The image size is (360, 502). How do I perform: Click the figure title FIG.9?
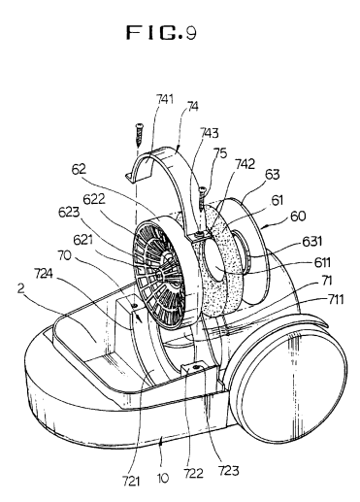[x=161, y=32]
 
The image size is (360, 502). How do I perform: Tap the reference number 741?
[x=165, y=99]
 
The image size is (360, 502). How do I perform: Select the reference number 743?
[x=209, y=133]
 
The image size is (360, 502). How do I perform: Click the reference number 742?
[x=245, y=164]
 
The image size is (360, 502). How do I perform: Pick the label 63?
[x=272, y=174]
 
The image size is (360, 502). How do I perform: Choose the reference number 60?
[x=298, y=216]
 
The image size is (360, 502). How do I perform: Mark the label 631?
[x=311, y=241]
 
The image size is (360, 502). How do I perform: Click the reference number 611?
[x=322, y=262]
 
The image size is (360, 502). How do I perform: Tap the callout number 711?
[x=336, y=300]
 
